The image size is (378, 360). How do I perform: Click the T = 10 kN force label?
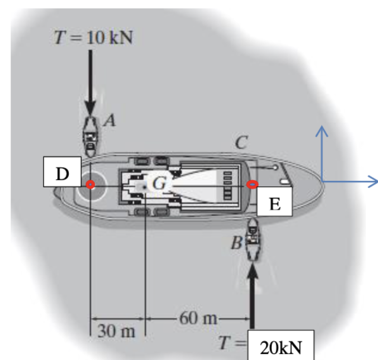coord(93,38)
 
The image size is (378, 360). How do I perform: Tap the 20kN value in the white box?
coord(281,348)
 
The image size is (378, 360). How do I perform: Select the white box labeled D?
coord(62,172)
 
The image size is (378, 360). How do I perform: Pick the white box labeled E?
coord(275,202)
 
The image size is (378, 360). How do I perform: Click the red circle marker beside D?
coord(90,185)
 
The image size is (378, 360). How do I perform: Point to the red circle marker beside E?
coord(253,185)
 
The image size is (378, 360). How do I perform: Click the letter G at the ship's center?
coord(159,184)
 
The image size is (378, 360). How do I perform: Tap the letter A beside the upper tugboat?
coord(109,120)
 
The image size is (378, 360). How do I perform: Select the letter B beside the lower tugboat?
coord(236,242)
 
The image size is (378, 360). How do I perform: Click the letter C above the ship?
coord(241,142)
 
